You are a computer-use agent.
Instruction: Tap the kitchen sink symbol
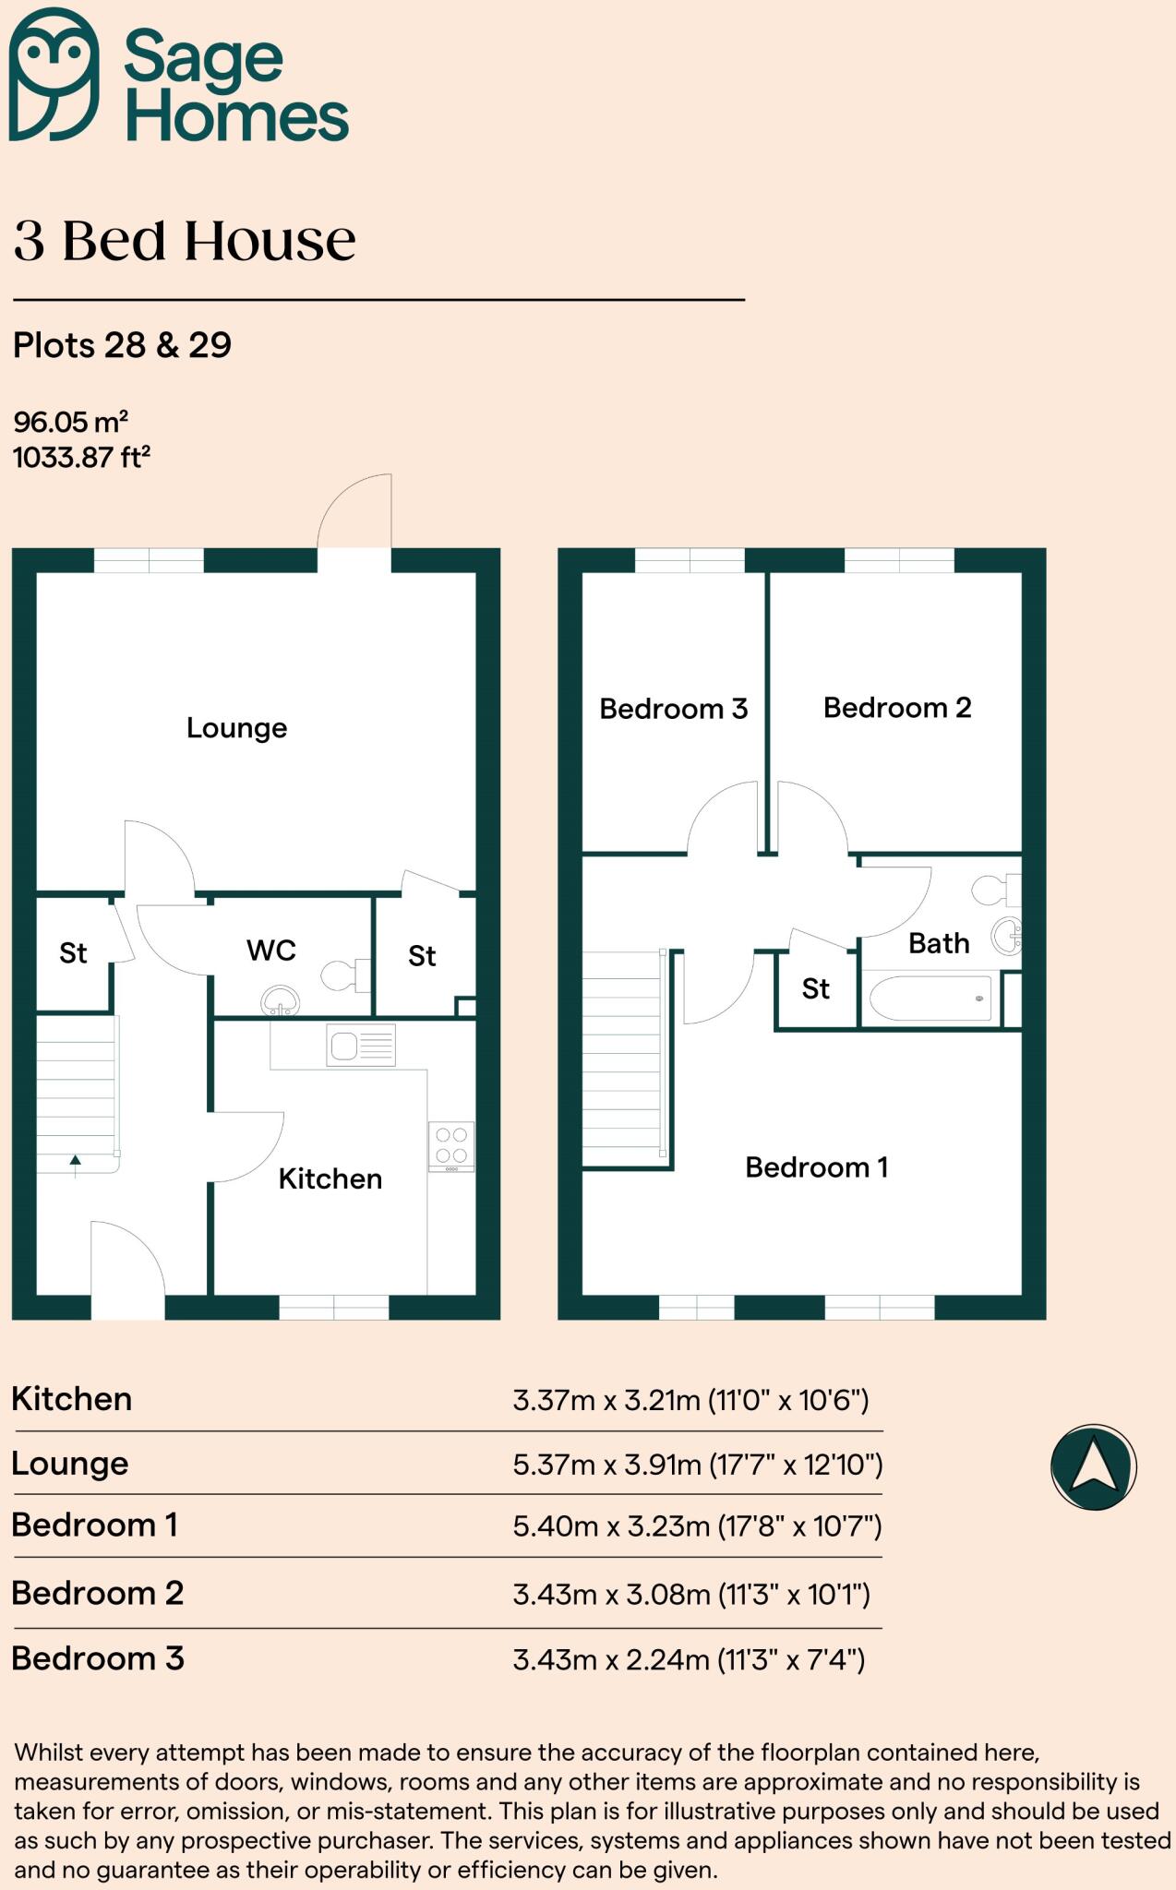[361, 1046]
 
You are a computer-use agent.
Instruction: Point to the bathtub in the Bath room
[930, 999]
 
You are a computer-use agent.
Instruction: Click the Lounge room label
[236, 728]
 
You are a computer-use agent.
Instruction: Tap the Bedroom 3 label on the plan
[673, 709]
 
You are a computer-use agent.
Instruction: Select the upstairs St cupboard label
[815, 989]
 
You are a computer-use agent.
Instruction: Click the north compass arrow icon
[1093, 1466]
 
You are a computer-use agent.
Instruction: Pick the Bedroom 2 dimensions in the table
[691, 1594]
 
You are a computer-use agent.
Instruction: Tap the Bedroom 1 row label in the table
[94, 1525]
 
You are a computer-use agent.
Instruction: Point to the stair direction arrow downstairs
[75, 1165]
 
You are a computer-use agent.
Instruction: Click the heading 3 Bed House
[185, 242]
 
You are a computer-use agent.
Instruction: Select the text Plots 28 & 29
[122, 345]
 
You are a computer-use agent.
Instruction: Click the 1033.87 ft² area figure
[81, 458]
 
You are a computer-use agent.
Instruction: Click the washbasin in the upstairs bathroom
[1007, 936]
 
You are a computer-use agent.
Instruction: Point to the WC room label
[270, 951]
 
